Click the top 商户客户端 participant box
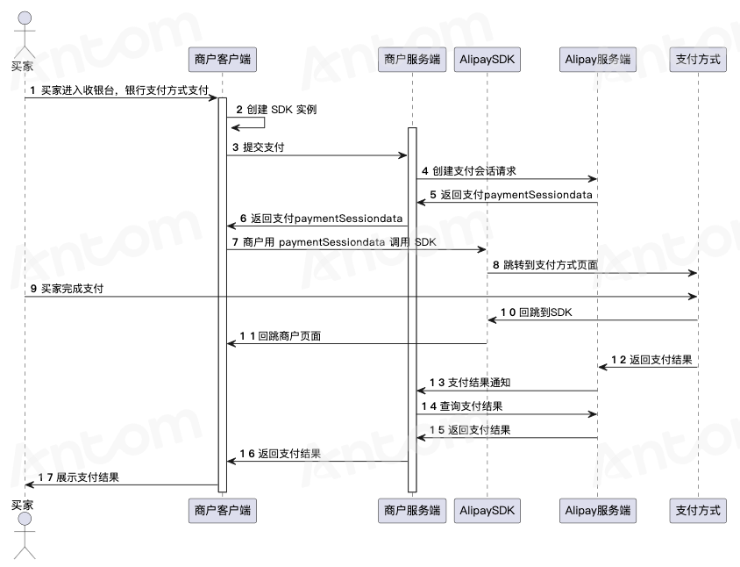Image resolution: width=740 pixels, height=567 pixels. click(x=223, y=60)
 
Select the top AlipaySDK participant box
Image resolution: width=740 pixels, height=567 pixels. click(x=487, y=60)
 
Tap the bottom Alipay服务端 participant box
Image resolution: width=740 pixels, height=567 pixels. click(x=597, y=511)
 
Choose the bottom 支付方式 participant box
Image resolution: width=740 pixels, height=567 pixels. click(x=698, y=511)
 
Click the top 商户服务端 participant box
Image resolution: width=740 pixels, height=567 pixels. click(x=412, y=60)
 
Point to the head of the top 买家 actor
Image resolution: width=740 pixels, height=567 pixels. click(x=25, y=18)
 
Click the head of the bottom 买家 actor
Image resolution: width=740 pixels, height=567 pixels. click(x=25, y=520)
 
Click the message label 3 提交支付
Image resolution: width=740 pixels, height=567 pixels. click(x=258, y=147)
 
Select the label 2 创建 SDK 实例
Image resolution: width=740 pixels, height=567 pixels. click(x=276, y=110)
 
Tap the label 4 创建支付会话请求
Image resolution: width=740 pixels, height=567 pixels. click(x=468, y=171)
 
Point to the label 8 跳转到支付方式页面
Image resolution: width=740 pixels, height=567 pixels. click(x=545, y=265)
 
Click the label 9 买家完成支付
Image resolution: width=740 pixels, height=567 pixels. click(x=67, y=289)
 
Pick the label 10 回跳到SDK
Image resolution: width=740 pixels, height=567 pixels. click(x=537, y=312)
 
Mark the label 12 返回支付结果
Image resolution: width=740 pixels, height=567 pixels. click(x=651, y=360)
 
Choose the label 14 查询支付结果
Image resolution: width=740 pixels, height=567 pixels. click(x=462, y=406)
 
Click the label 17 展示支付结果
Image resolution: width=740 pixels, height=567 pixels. click(x=78, y=477)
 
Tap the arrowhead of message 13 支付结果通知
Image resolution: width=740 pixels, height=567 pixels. click(x=421, y=391)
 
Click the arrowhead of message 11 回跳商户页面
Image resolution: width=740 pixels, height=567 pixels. click(x=231, y=343)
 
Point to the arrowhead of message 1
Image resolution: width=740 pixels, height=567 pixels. click(x=213, y=97)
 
